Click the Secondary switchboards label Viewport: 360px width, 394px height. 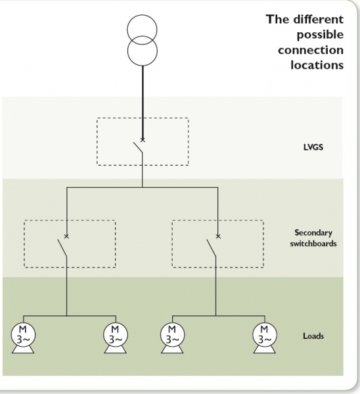313,238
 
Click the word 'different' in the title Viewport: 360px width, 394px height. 321,19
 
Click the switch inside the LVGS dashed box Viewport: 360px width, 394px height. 138,150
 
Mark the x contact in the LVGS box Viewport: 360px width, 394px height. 143,141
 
